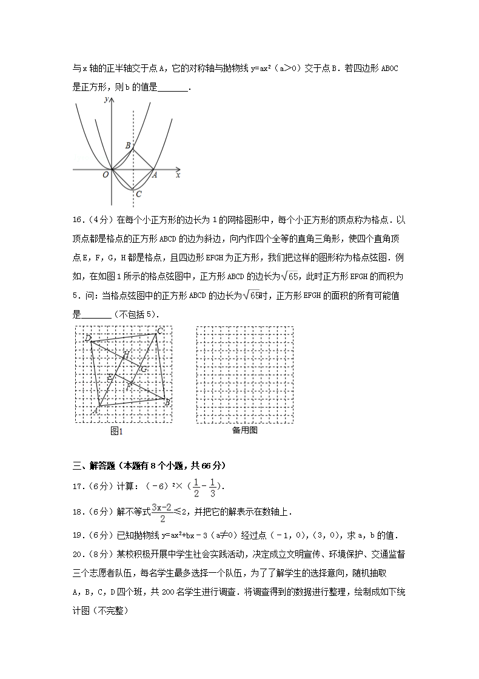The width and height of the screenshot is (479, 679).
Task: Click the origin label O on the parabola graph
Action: (106, 175)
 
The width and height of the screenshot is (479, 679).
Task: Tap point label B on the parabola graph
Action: (128, 146)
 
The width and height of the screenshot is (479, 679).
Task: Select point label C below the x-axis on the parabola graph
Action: (139, 194)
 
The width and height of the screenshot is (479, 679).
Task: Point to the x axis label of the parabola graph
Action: (178, 175)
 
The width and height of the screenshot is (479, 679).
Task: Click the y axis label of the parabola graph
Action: (106, 98)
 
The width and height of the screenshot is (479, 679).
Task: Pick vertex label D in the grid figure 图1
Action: (88, 337)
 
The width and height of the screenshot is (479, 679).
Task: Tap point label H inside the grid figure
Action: (126, 354)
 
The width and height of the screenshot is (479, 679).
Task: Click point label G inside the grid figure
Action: (144, 369)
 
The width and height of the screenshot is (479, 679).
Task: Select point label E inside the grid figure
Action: (110, 378)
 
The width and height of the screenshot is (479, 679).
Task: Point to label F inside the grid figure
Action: (129, 386)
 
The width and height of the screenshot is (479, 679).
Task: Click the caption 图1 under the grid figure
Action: (116, 431)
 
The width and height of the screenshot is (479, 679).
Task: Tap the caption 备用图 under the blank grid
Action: (245, 430)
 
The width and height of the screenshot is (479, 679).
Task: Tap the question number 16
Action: (78, 220)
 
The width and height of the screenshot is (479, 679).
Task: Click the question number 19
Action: (78, 535)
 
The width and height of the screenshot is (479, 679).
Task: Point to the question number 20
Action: (78, 554)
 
